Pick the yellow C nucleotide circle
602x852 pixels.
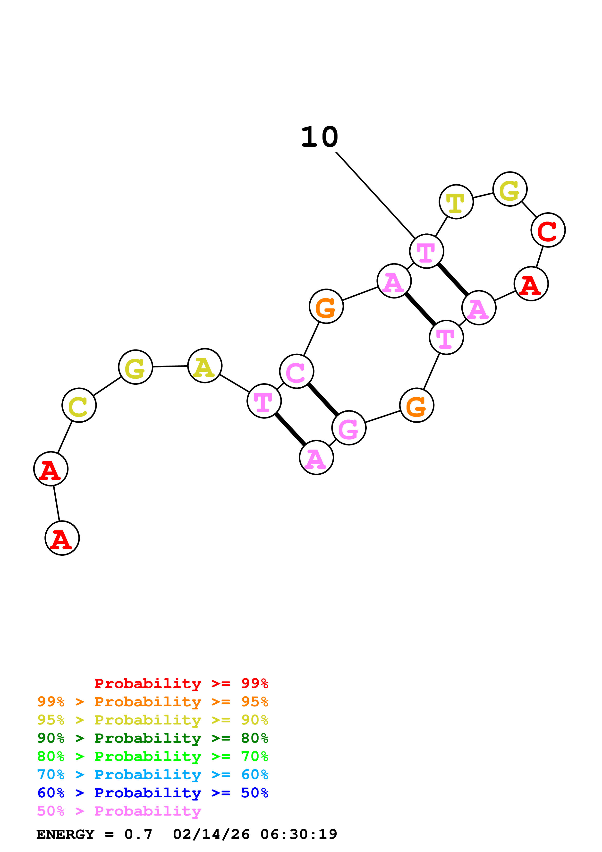click(79, 405)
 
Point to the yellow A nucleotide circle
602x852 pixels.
click(205, 366)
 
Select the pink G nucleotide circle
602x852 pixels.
click(349, 428)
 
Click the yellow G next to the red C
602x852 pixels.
click(510, 189)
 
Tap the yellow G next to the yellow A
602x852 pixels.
click(136, 367)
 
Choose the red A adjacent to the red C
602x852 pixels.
click(531, 284)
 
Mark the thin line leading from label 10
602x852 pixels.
click(375, 195)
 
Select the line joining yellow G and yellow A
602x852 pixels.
click(170, 366)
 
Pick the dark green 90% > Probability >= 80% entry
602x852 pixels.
click(153, 738)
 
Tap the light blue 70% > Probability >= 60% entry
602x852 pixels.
click(153, 775)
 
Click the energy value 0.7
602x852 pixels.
click(138, 834)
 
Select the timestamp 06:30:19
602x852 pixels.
click(299, 834)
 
